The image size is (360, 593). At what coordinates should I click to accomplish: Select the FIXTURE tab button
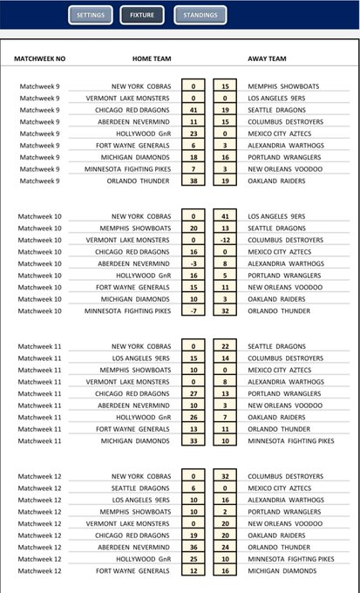pos(142,16)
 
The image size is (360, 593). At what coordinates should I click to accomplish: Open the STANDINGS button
pos(200,16)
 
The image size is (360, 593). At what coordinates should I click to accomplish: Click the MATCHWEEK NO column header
pos(40,59)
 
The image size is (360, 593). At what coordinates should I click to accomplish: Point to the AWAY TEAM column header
pos(267,59)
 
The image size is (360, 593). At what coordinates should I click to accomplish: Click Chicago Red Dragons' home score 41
pos(193,110)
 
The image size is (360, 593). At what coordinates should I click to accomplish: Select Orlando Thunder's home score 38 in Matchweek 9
pos(193,181)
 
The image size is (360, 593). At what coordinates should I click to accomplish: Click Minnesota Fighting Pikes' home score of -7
pos(193,310)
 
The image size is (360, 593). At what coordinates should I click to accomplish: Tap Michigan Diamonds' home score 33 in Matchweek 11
pos(193,440)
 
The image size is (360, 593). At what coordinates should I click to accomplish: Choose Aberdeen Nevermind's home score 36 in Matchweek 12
pos(193,547)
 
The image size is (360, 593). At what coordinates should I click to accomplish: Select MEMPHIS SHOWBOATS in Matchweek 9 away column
pos(281,86)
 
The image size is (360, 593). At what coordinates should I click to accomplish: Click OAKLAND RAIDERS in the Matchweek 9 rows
pos(275,181)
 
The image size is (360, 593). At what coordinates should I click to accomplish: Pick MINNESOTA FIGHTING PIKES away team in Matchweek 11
pos(290,440)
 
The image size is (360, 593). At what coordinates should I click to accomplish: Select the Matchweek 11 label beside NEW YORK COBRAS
pos(39,346)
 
